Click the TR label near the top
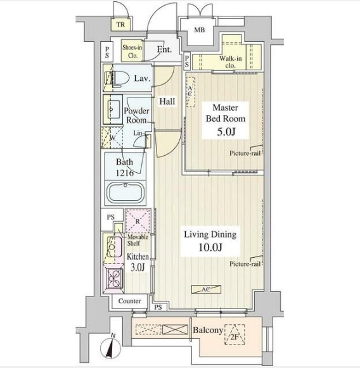click(120, 25)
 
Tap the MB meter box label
click(200, 30)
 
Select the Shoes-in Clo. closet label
click(132, 51)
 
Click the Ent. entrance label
click(164, 49)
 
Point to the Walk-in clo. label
click(230, 61)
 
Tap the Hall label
click(167, 101)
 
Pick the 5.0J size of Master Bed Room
click(226, 132)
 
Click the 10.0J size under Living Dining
click(210, 247)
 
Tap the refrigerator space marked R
click(138, 221)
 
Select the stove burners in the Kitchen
click(114, 278)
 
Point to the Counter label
click(129, 301)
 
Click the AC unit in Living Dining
click(206, 289)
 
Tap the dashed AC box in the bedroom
click(191, 92)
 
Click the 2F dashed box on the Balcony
click(235, 334)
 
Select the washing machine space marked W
click(112, 138)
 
